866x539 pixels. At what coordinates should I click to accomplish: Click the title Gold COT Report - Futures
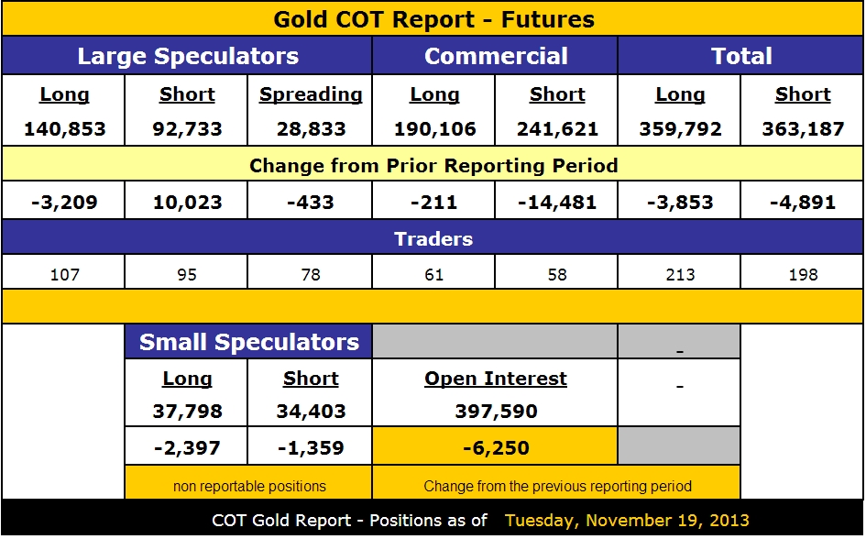point(433,19)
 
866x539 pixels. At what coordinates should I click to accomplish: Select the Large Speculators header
point(188,56)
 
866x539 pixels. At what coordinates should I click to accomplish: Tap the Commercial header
point(496,56)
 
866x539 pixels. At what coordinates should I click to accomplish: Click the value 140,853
point(64,129)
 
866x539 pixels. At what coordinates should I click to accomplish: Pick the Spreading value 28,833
point(311,129)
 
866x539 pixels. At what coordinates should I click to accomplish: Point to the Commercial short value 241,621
point(557,129)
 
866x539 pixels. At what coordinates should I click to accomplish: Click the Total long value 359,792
point(680,129)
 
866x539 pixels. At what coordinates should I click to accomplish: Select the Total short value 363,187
point(803,129)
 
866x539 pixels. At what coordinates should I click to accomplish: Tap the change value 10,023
point(187,203)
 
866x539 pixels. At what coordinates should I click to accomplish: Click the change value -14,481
point(557,203)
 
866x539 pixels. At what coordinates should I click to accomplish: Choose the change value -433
point(311,203)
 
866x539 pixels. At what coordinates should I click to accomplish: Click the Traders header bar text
point(433,239)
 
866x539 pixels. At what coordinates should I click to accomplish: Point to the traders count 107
point(64,274)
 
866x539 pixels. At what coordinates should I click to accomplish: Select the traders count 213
point(680,274)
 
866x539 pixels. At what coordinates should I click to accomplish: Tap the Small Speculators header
point(248,342)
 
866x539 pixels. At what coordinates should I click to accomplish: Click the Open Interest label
point(496,379)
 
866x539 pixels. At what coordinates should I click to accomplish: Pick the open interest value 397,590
point(496,412)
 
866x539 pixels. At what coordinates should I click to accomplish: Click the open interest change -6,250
point(496,448)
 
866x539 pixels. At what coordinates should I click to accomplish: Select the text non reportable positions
point(249,486)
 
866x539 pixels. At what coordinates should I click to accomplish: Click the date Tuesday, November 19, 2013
point(627,521)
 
